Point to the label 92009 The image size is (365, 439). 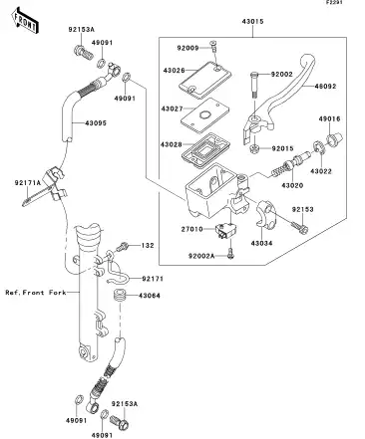coord(189,47)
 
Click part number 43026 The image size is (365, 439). coord(176,70)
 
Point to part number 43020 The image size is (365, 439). coord(292,185)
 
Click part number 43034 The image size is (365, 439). coord(261,243)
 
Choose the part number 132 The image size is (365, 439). coord(147,245)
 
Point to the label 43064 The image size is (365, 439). coord(151,295)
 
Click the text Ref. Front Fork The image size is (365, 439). coord(34,294)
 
